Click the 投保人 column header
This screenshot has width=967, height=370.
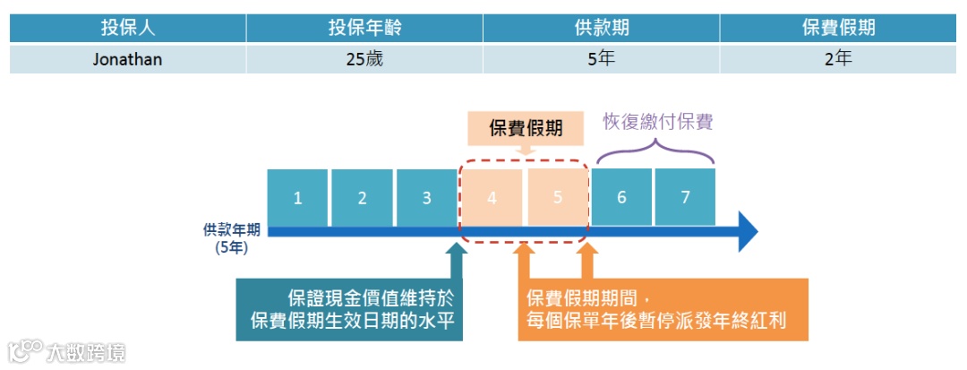coord(128,28)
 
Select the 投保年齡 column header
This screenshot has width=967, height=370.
coord(364,28)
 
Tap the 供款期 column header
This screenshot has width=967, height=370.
coord(601,28)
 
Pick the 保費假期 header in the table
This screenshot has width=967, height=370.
coord(838,28)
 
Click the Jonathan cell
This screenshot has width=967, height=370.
coord(128,59)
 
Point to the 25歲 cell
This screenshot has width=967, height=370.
coord(364,59)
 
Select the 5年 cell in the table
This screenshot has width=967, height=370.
coord(601,59)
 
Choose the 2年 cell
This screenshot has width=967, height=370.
coord(838,59)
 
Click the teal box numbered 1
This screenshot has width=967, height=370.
coord(297,197)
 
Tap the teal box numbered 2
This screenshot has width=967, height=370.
coord(362,197)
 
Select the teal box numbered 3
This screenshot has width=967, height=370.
coord(426,197)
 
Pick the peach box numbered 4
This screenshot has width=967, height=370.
coord(492,197)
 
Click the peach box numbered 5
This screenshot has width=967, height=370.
coord(557,197)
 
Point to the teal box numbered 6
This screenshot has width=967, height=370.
coord(621,197)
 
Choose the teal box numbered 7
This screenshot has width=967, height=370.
coord(685,197)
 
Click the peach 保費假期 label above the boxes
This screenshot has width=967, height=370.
coord(526,128)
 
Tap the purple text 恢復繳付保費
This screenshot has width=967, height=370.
coord(657,122)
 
